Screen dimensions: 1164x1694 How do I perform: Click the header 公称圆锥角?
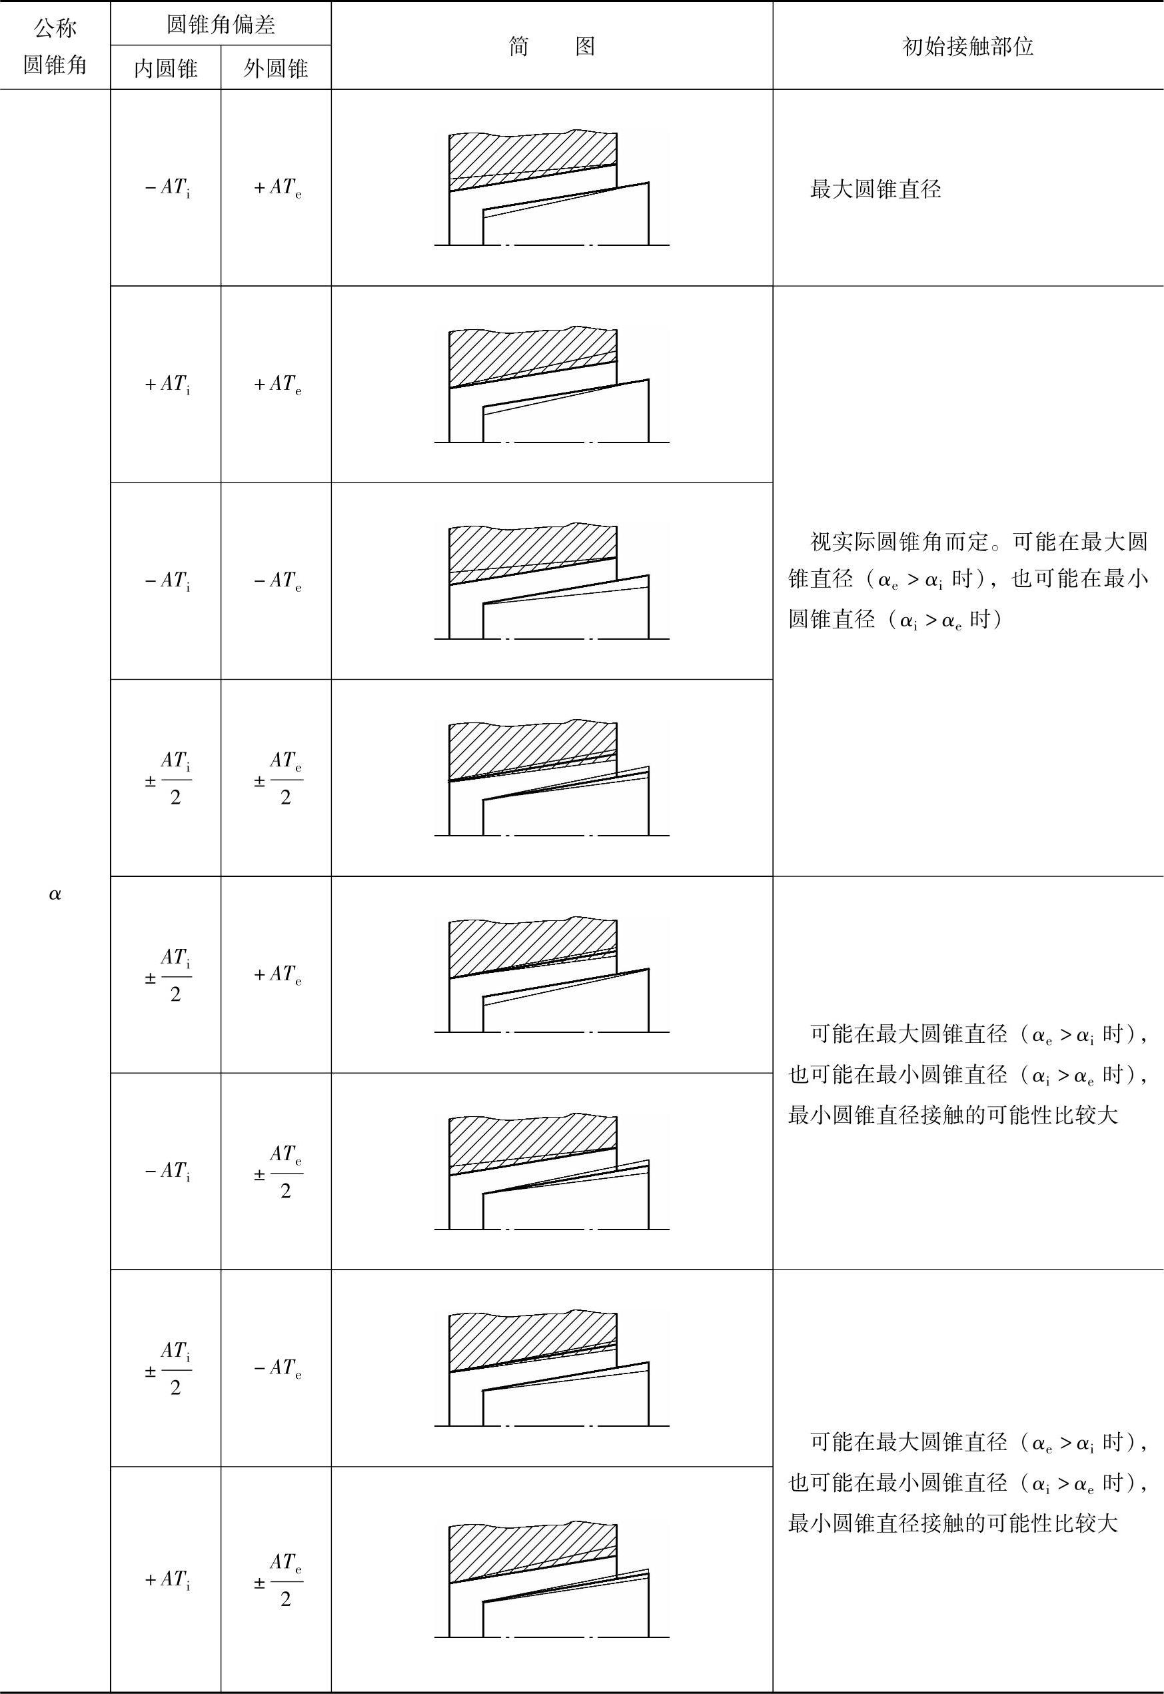click(55, 46)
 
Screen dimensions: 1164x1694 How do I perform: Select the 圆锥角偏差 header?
click(221, 24)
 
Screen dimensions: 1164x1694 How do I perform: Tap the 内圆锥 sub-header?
click(165, 69)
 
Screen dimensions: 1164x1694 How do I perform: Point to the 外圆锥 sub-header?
click(276, 69)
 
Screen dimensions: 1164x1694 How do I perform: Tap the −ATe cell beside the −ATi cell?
click(277, 581)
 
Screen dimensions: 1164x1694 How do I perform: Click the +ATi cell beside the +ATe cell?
click(167, 385)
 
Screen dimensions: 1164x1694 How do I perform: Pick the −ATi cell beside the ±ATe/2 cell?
click(167, 1171)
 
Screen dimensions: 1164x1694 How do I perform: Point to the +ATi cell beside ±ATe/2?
click(167, 1579)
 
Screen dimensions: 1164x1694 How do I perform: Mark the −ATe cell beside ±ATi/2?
click(277, 1368)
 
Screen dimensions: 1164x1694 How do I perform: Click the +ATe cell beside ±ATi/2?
click(277, 974)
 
